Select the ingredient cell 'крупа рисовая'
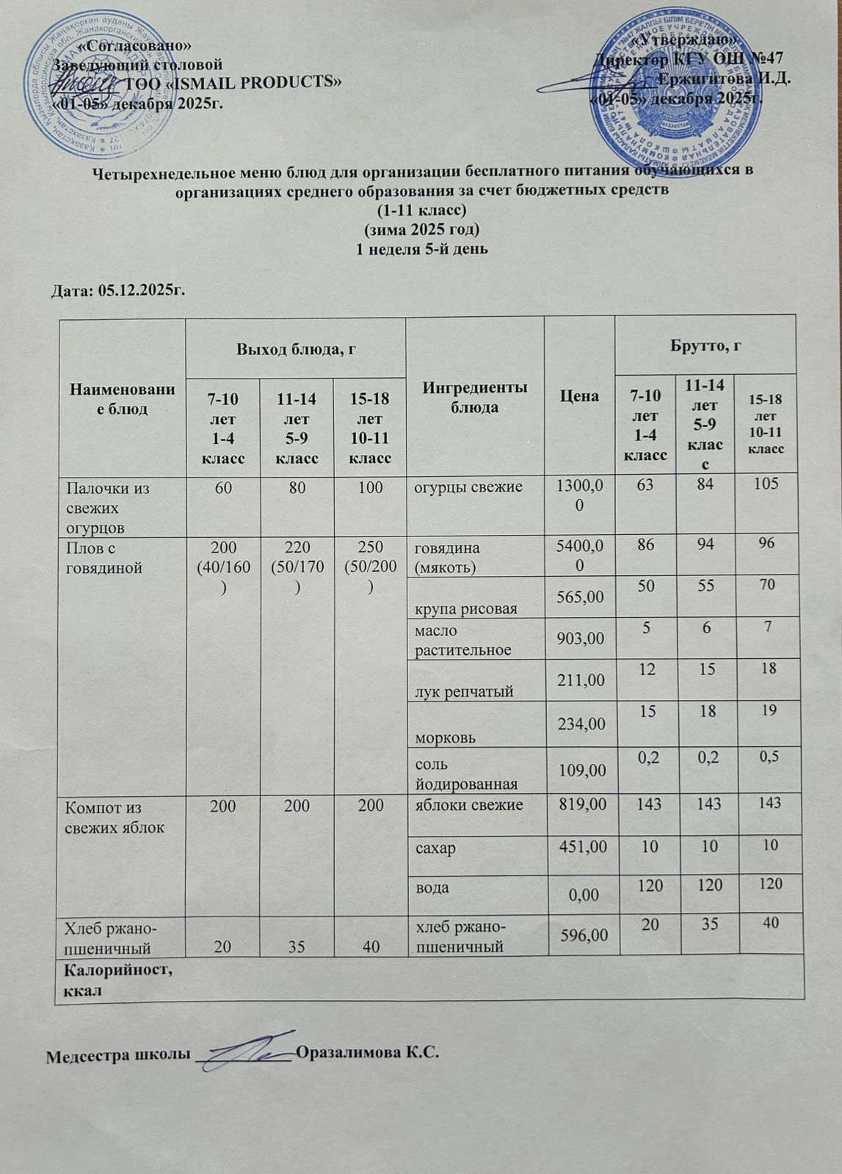(466, 608)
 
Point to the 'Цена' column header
(579, 396)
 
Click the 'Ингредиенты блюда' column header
(475, 396)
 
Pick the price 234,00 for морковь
(582, 724)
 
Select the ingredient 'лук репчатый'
(464, 690)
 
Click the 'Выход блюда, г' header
(295, 349)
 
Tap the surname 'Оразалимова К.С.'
(367, 1054)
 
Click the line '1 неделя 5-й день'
(421, 249)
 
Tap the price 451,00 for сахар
(582, 847)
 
